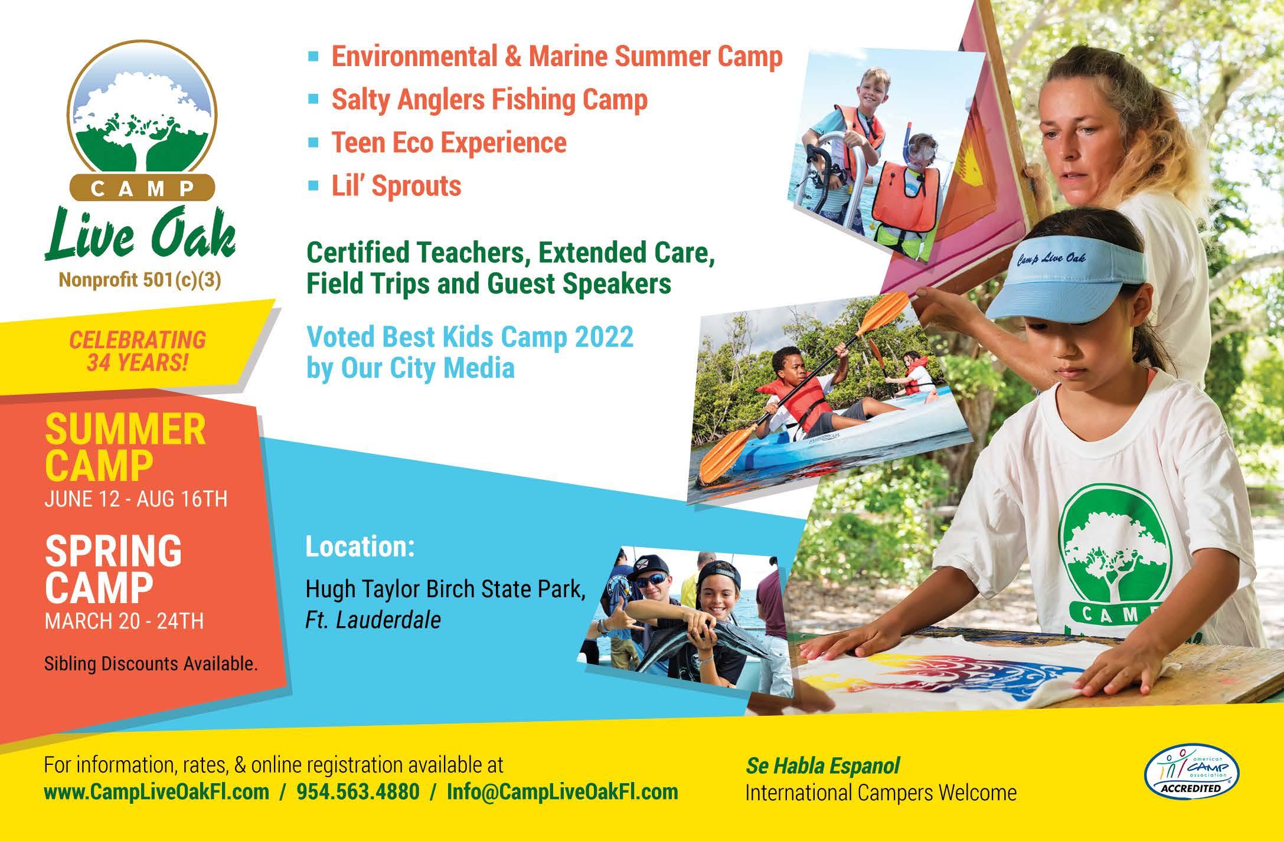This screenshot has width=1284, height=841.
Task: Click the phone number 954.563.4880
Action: tap(358, 791)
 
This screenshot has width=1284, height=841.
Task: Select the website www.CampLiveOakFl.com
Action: tap(156, 791)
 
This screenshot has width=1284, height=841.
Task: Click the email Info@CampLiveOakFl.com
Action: tap(562, 791)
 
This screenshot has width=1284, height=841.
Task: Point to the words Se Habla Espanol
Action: tap(822, 766)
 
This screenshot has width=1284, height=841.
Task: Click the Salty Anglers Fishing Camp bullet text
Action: tap(489, 99)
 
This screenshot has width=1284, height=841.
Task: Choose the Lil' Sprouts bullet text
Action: tap(396, 185)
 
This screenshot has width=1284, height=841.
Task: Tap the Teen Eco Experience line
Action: tap(449, 142)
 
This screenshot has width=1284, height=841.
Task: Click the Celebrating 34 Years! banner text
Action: tap(138, 351)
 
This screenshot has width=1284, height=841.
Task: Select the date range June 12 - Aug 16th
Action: tap(136, 499)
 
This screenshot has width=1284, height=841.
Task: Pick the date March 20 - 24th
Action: tap(124, 621)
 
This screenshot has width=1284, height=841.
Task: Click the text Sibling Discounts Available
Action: tap(151, 664)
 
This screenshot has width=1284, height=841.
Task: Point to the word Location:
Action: tap(360, 547)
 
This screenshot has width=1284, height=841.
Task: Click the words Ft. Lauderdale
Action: tap(373, 620)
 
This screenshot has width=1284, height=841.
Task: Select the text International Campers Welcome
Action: tap(881, 793)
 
